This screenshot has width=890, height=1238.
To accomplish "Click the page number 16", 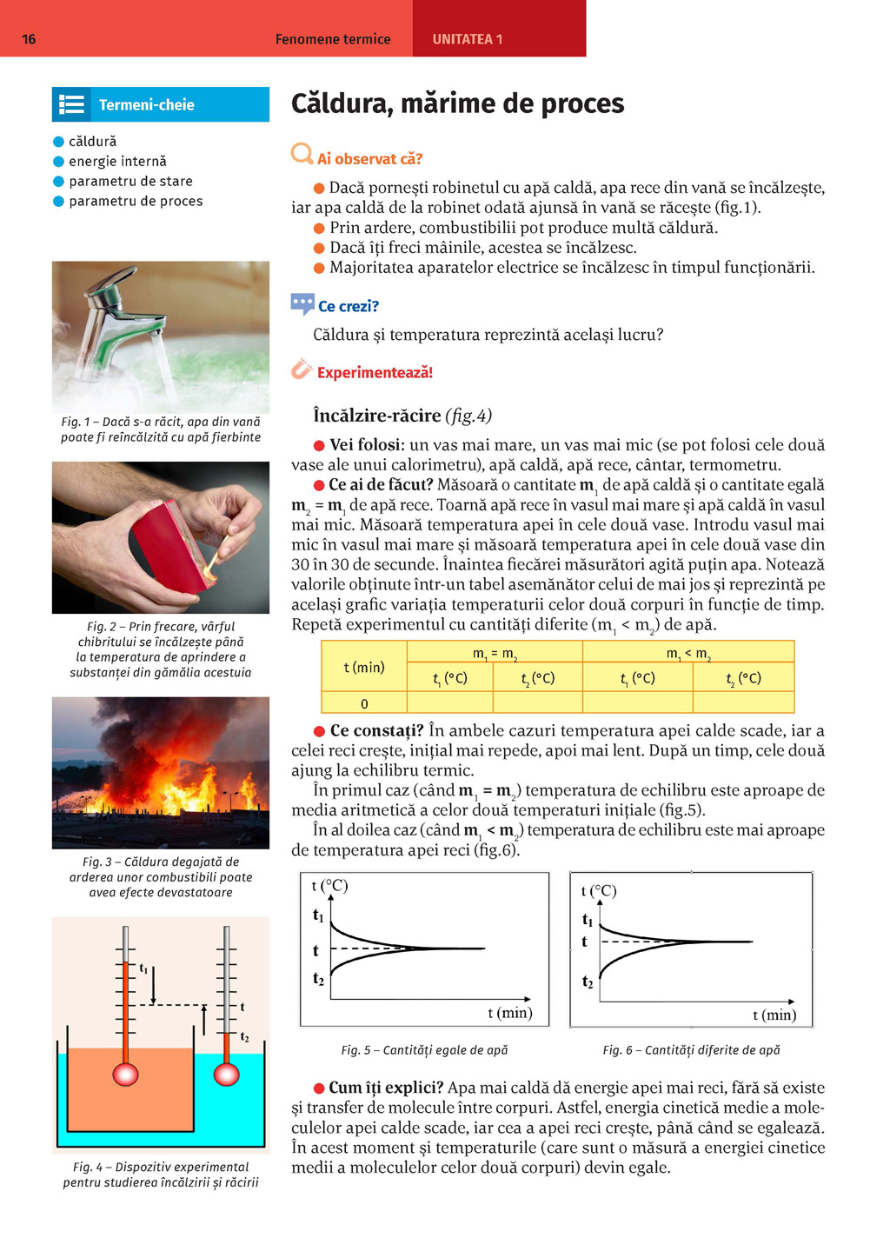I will coord(29,39).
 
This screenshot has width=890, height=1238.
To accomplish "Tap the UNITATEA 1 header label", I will coord(468,39).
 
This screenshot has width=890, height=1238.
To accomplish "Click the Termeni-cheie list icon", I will coord(71,105).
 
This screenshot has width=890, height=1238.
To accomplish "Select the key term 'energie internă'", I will coord(117,162).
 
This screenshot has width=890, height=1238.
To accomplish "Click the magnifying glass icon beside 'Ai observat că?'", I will coord(302,155).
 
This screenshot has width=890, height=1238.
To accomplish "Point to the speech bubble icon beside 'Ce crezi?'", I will coord(302,304).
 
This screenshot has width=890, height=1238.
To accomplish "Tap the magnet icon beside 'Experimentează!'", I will coord(301,369).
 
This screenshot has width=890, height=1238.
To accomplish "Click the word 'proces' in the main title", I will coord(582,104).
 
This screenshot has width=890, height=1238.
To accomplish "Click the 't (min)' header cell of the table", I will coord(364,667).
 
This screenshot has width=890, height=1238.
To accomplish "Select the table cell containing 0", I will coord(364,703).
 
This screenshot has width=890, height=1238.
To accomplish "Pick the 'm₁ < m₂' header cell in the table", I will coord(688,653).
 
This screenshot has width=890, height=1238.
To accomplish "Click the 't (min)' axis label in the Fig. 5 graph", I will coord(509,1013).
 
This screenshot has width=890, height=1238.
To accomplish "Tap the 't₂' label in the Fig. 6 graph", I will coord(588,982).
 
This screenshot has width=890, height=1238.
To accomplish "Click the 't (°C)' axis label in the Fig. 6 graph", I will coord(598,891).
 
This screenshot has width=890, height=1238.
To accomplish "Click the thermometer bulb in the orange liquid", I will coord(126,1075).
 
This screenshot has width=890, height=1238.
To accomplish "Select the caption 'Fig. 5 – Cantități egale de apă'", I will coord(424,1050).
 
